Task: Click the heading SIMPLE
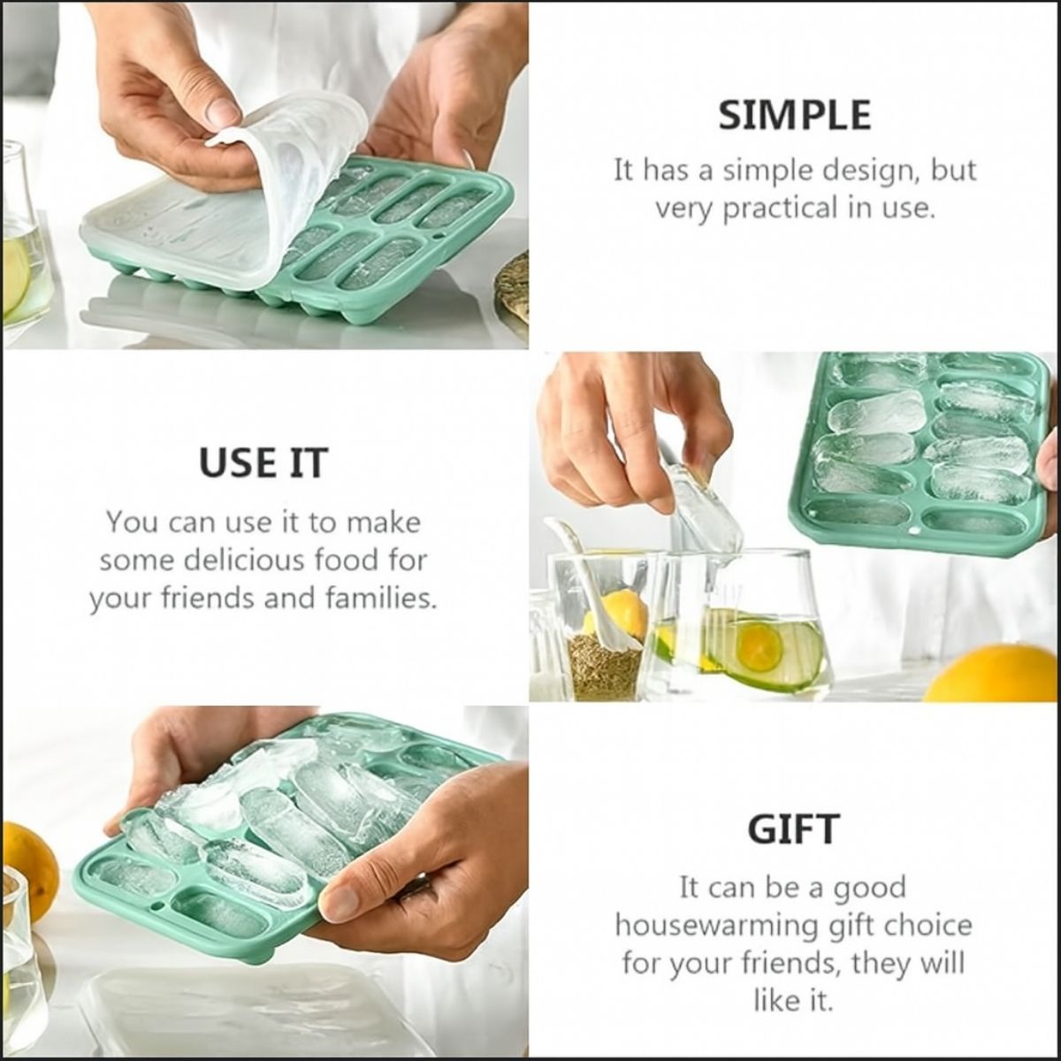pyautogui.click(x=795, y=116)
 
